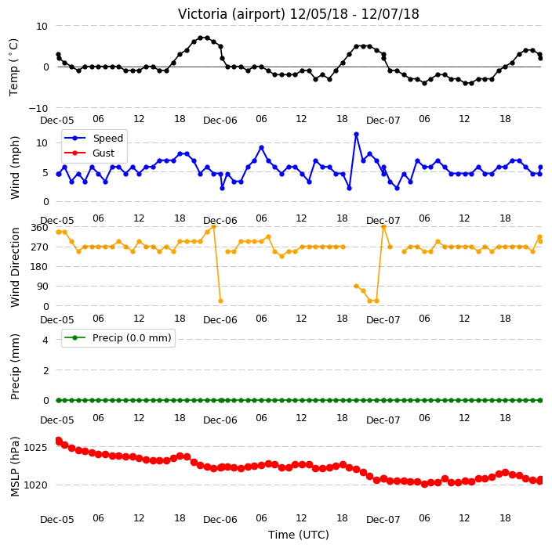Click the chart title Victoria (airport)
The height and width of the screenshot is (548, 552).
(x=231, y=14)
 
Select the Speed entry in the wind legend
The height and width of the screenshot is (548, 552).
(x=107, y=138)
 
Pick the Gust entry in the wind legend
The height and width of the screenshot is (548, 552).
(x=103, y=153)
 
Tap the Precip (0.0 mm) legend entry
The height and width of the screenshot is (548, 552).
(x=132, y=337)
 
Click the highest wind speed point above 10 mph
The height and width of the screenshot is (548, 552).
(x=356, y=135)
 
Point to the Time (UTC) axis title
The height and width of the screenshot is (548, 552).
(x=299, y=535)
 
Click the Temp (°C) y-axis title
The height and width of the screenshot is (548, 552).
(x=13, y=67)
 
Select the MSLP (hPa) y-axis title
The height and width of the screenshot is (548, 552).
(x=15, y=467)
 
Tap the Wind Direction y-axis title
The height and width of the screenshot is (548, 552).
(x=15, y=267)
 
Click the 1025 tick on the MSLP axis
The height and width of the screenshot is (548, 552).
(x=35, y=448)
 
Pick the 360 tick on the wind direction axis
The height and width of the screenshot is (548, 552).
(x=39, y=228)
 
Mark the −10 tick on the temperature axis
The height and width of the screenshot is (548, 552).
(x=38, y=109)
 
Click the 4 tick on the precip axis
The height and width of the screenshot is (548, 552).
(x=45, y=340)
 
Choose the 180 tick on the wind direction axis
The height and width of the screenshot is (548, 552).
(x=39, y=267)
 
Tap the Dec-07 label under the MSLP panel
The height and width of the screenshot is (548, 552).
(x=383, y=520)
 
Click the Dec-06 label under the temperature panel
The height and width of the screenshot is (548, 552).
(x=220, y=121)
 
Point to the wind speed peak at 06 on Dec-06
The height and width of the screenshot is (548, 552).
(x=261, y=148)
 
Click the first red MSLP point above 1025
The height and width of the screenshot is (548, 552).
(x=59, y=441)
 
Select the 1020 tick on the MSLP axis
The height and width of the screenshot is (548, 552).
(x=35, y=485)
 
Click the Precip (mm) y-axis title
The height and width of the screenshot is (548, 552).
(x=15, y=366)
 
